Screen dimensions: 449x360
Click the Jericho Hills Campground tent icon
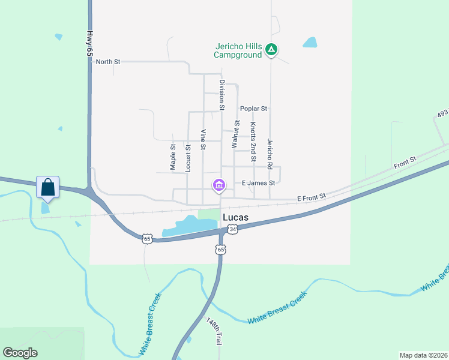271,50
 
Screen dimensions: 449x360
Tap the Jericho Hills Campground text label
239,50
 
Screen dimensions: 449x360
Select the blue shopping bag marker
47,187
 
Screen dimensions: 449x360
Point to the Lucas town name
236,217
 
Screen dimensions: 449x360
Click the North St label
108,62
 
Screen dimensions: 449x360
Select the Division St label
221,95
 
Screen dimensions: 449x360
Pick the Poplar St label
253,109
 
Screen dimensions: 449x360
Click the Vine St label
203,139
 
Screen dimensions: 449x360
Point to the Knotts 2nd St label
253,142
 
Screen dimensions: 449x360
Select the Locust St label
188,158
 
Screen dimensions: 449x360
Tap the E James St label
258,183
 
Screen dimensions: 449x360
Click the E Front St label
311,196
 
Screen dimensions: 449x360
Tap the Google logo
20,353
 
